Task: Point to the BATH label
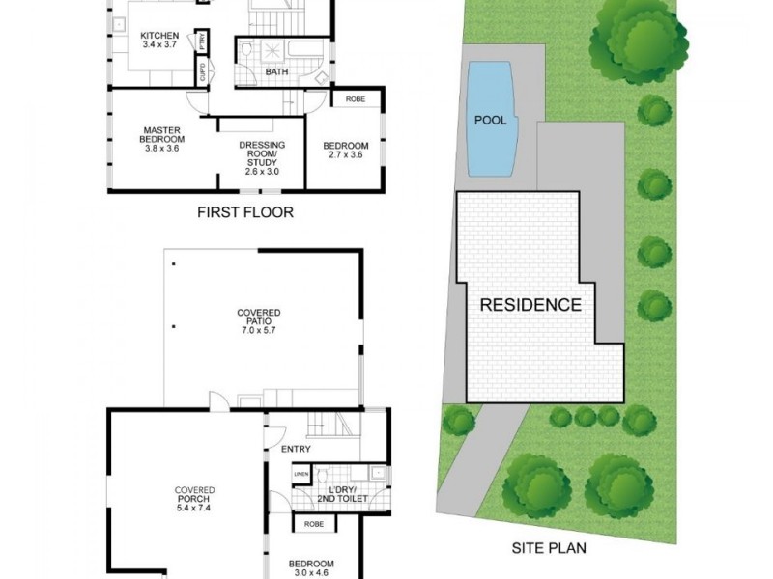[x=276, y=72]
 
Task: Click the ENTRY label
[x=296, y=449]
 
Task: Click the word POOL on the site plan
[x=489, y=121]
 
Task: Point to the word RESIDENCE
[x=530, y=305]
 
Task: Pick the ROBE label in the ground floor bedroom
[x=313, y=525]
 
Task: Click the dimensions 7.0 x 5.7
[x=259, y=330]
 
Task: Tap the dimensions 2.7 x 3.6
[x=345, y=155]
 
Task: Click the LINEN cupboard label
[x=302, y=474]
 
